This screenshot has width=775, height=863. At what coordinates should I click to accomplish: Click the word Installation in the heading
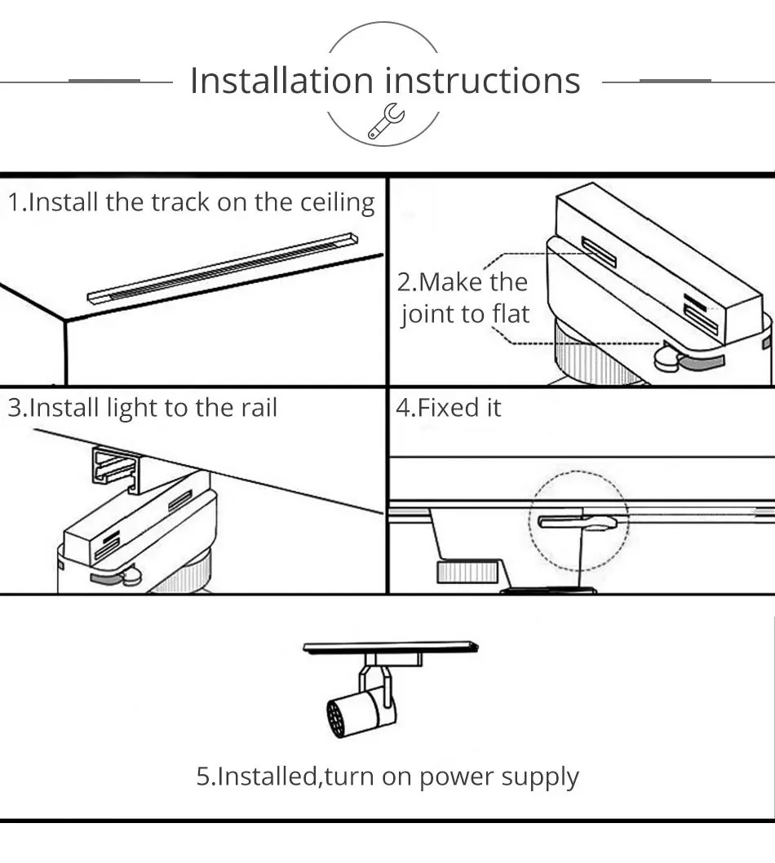click(x=281, y=81)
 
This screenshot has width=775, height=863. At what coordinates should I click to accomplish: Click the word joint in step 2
click(x=426, y=314)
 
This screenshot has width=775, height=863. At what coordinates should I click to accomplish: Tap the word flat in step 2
click(x=510, y=314)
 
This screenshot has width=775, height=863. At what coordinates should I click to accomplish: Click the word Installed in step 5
click(x=266, y=777)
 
